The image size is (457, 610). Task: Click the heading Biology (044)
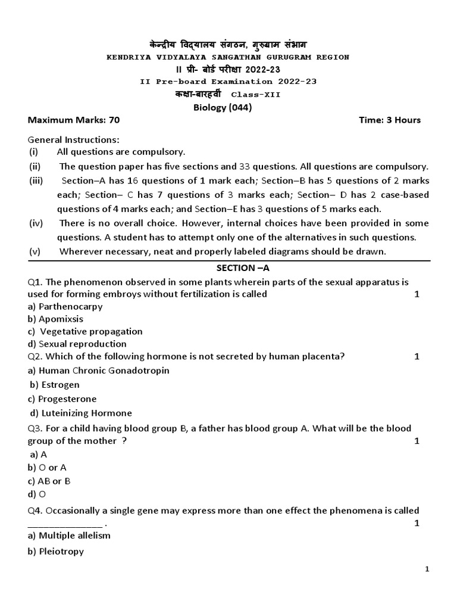click(223, 107)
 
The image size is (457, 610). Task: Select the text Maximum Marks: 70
click(74, 120)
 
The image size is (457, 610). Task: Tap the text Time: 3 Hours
click(390, 120)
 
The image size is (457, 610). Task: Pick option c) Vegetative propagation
click(86, 331)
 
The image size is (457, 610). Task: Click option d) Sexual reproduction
click(77, 344)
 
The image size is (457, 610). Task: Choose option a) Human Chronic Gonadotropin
click(99, 371)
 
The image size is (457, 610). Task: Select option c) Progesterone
click(62, 399)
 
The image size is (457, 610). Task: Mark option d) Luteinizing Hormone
click(82, 413)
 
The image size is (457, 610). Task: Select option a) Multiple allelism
click(69, 536)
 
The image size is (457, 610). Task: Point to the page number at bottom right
click(427, 570)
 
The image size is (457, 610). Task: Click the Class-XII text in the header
click(255, 95)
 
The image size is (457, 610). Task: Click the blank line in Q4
click(65, 524)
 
